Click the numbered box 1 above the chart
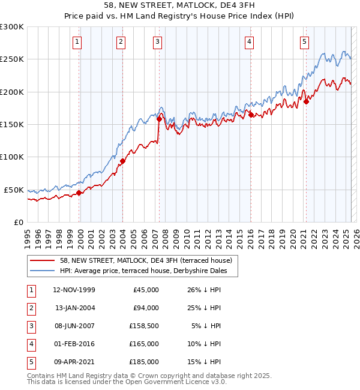tap(79, 41)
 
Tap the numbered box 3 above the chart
tap(157, 41)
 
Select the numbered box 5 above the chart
tap(305, 41)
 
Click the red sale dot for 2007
tap(159, 119)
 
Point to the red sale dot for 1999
tap(79, 193)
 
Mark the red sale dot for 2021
tap(306, 101)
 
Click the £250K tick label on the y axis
tap(12, 59)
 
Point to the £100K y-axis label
tap(12, 157)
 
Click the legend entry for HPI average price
tap(148, 271)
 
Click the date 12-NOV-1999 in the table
tap(74, 290)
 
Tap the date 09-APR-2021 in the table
tap(74, 362)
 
